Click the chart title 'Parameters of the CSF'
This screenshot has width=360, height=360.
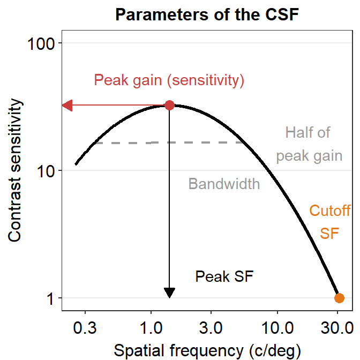[x=207, y=15]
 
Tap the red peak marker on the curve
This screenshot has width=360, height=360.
[x=169, y=105]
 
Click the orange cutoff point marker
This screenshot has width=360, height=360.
[x=339, y=298]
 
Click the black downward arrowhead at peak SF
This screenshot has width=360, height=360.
[x=169, y=292]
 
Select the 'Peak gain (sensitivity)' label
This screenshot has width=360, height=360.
[x=169, y=80]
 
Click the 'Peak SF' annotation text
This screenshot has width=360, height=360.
[x=224, y=276]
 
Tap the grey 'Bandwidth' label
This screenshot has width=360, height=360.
[x=224, y=184]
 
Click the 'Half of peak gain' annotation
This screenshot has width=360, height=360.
[x=309, y=144]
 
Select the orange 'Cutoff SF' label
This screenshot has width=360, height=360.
[x=329, y=222]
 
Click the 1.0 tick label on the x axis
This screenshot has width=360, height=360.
[x=151, y=327]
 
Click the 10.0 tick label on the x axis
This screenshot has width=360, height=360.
[x=277, y=327]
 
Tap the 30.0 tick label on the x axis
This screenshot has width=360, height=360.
[x=337, y=327]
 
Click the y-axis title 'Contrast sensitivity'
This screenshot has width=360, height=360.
[x=16, y=170]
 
